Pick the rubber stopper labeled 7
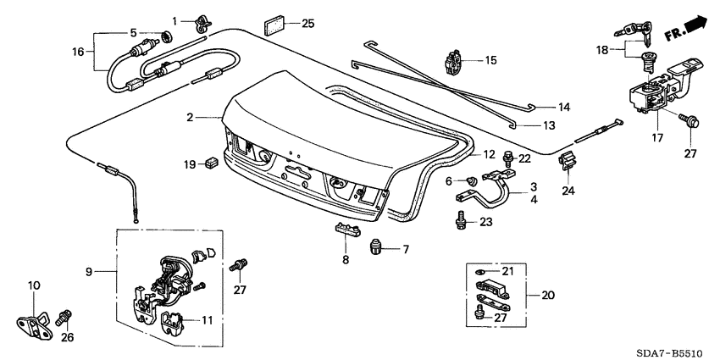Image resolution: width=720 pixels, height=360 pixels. pyautogui.click(x=376, y=247)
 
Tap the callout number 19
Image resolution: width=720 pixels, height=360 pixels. pyautogui.click(x=189, y=162)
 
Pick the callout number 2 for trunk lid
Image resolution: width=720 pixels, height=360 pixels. pyautogui.click(x=191, y=117)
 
